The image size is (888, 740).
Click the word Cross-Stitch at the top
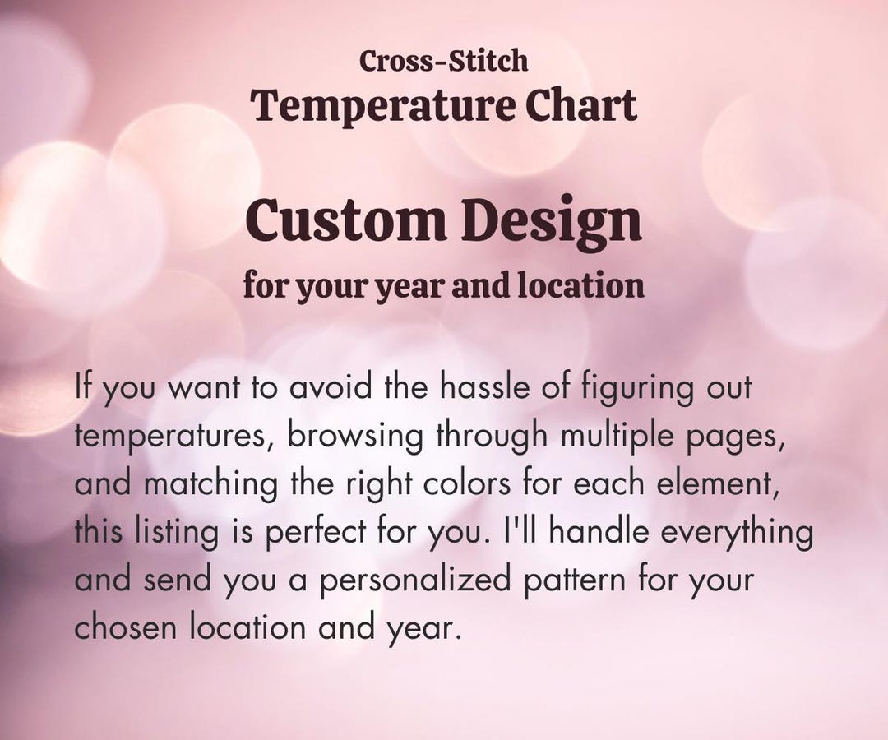(x=443, y=61)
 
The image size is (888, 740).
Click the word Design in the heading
(x=550, y=223)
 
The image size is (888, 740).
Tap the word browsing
(x=354, y=436)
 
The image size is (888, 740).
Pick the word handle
(x=600, y=532)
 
